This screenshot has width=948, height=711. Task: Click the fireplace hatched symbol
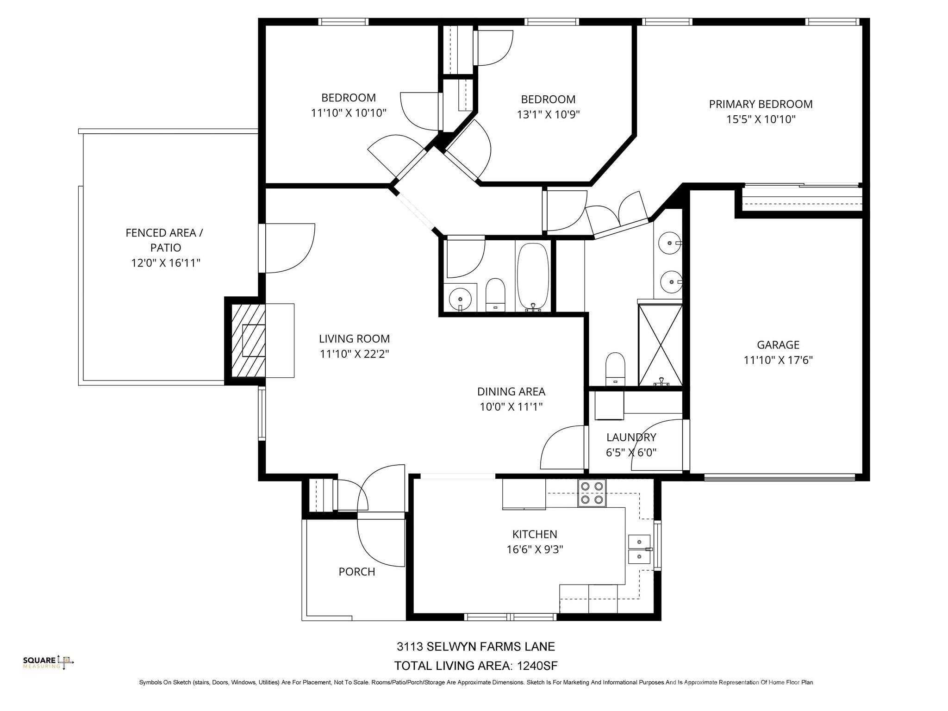coord(248,341)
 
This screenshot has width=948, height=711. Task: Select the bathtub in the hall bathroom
coord(533,277)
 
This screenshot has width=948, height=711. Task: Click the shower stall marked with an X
coord(660,345)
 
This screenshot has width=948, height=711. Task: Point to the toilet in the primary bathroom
coord(615,369)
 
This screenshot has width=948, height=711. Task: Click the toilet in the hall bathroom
coord(495,295)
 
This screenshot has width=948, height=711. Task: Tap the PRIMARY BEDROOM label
coord(761,104)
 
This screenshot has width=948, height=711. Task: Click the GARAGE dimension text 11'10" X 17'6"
coord(778,360)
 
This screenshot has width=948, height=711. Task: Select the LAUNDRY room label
coord(631,437)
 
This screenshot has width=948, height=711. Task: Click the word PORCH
coord(356,572)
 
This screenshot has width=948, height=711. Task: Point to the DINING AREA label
coord(511,392)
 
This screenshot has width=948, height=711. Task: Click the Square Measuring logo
coord(48,662)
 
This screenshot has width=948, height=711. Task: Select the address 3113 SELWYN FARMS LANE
coord(475,646)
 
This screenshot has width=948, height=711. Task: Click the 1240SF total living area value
coord(537,666)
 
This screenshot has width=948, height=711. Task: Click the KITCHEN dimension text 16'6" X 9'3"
coord(535,549)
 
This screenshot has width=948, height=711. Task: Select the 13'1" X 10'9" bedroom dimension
coord(548,114)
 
